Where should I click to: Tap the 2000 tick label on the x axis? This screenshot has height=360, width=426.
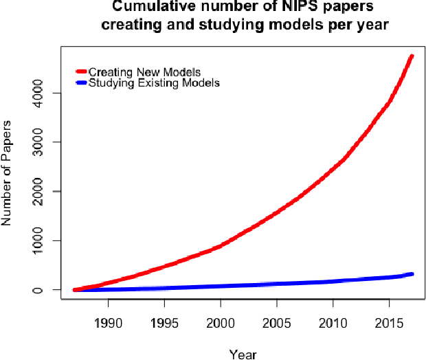click(220, 323)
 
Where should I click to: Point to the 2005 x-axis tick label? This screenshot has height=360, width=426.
click(276, 323)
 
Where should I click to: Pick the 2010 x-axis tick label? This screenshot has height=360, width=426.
click(333, 323)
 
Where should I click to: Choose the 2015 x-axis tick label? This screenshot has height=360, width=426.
click(389, 323)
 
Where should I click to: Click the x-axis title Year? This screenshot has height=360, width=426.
click(243, 354)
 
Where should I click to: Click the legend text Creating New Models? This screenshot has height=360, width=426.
click(144, 72)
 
